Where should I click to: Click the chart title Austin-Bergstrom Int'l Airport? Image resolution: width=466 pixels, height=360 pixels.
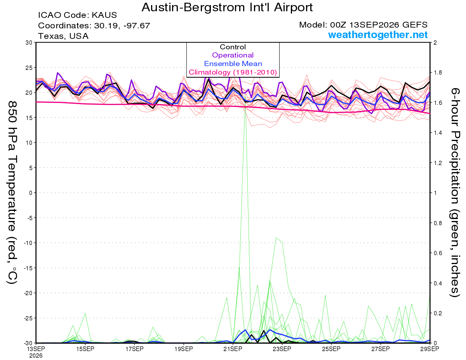point(227,7)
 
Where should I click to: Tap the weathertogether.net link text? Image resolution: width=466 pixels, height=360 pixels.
point(378,35)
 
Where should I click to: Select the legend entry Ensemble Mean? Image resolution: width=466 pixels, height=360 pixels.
point(233,64)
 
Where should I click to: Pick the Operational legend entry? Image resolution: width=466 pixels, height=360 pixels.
point(233,55)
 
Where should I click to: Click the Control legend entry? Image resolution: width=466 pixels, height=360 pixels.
point(233,47)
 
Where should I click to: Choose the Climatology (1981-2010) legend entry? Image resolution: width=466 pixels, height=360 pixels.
point(233,72)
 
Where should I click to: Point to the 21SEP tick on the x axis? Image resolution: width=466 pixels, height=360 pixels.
point(233,349)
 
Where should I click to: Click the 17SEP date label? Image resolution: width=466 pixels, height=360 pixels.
point(134,349)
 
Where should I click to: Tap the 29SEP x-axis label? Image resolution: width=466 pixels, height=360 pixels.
point(430,349)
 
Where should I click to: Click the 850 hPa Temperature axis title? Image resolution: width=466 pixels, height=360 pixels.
point(12,193)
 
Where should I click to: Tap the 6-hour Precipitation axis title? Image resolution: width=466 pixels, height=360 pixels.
point(455,192)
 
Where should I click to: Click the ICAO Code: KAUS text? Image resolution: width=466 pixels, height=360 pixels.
point(77,15)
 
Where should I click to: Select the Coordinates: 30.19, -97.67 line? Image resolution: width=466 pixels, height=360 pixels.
point(94,26)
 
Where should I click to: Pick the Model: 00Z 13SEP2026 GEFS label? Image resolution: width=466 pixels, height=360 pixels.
point(363,25)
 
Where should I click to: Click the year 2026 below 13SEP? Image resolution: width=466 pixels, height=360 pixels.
point(36,356)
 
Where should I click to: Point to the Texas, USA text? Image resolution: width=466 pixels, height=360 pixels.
point(63,36)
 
